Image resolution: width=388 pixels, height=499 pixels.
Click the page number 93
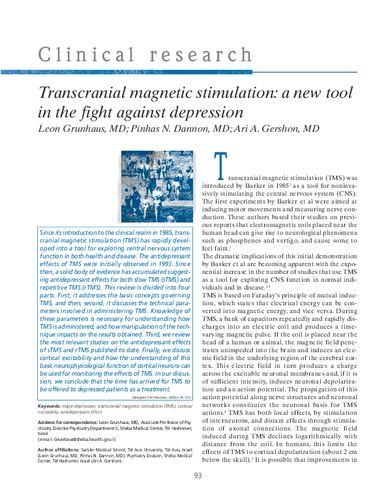(x=198, y=476)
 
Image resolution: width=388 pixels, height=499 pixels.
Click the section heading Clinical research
(x=145, y=55)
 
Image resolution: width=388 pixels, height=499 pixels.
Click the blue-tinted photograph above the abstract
(x=157, y=187)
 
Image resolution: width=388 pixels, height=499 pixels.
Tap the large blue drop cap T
(x=221, y=168)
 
